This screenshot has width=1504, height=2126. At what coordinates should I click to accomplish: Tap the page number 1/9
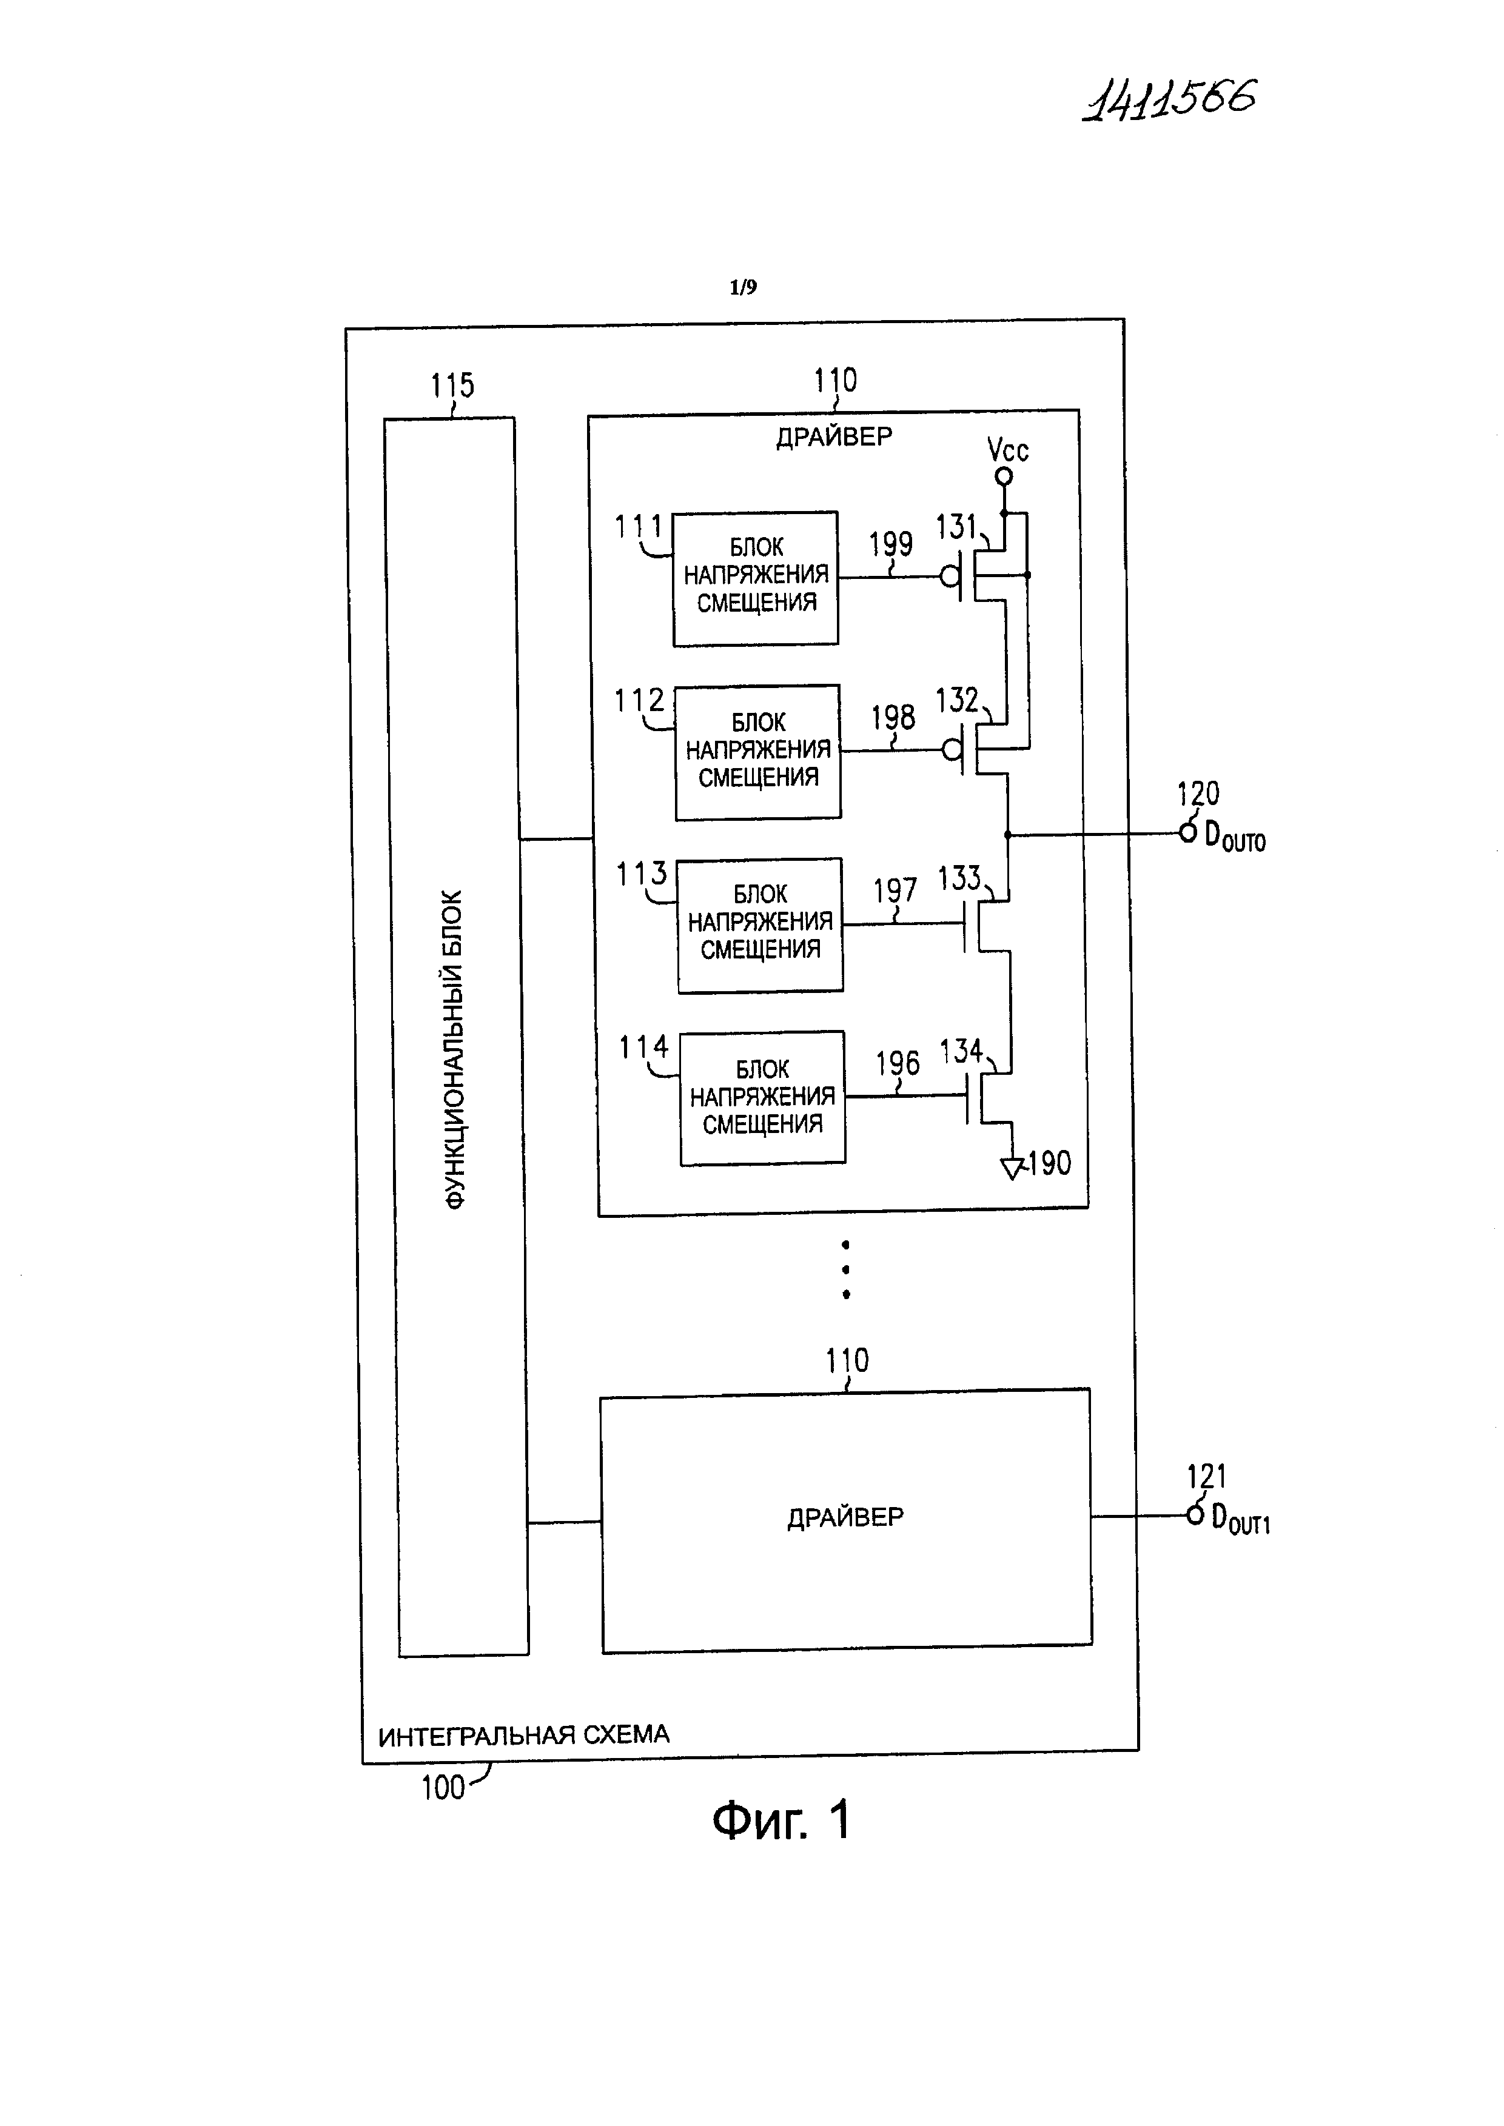click(743, 288)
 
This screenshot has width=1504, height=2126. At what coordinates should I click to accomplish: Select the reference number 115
click(452, 385)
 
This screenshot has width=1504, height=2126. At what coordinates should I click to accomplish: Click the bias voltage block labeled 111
click(755, 578)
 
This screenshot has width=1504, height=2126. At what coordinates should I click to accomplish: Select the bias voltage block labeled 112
click(757, 752)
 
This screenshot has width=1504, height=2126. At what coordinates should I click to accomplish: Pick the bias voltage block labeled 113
click(759, 924)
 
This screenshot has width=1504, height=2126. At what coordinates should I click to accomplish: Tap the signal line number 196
click(898, 1064)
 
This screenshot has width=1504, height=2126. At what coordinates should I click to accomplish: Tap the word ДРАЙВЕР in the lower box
click(845, 1517)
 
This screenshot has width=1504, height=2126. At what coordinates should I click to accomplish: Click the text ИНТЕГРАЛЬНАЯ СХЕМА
click(523, 1735)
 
